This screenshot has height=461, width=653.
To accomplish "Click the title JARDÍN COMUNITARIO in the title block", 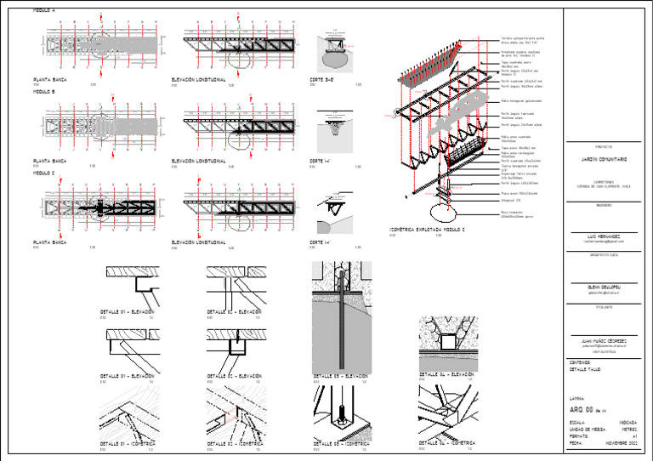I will pyautogui.click(x=605, y=160).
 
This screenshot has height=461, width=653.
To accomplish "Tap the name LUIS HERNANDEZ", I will pyautogui.click(x=605, y=236).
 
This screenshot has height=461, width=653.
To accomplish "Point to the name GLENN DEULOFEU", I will pyautogui.click(x=605, y=287).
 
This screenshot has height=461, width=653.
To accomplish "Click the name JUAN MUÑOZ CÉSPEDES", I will pyautogui.click(x=605, y=340).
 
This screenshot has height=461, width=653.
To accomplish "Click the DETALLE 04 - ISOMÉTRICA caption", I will pyautogui.click(x=447, y=444).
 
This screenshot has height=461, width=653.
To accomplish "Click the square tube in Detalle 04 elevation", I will pyautogui.click(x=447, y=342).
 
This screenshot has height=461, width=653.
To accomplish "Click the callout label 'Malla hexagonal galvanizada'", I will pyautogui.click(x=522, y=101).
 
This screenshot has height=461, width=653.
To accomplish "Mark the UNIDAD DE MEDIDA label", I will pyautogui.click(x=588, y=430).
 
